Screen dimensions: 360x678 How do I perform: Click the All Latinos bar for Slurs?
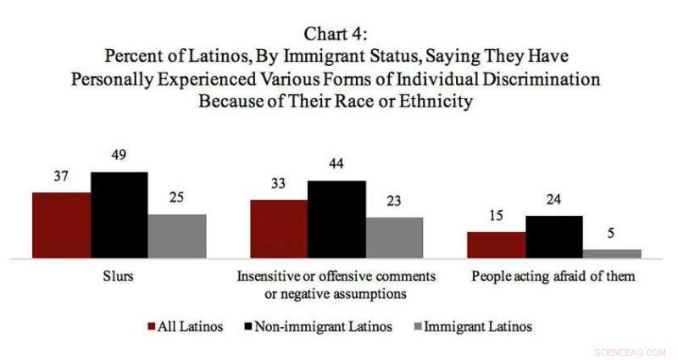click(x=61, y=224)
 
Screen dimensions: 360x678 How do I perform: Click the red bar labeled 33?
click(x=278, y=228)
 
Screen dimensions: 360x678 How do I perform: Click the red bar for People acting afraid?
click(x=496, y=244)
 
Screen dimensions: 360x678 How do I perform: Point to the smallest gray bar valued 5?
click(x=612, y=252)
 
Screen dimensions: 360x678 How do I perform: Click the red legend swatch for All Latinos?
click(x=151, y=326)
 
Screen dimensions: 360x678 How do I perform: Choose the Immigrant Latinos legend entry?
click(x=475, y=326)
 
